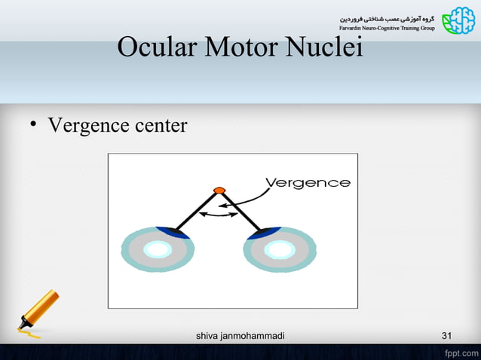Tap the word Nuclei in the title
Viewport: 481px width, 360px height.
tap(326, 47)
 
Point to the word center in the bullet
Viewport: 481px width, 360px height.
tap(160, 125)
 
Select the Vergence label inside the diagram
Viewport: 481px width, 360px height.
tap(308, 183)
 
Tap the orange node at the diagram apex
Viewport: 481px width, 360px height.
tap(219, 190)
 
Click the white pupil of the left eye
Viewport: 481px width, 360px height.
tap(158, 249)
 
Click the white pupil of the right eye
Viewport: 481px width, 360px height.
tap(280, 249)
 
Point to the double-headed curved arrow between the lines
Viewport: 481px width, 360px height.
tap(219, 216)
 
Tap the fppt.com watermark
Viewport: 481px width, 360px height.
tap(459, 352)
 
